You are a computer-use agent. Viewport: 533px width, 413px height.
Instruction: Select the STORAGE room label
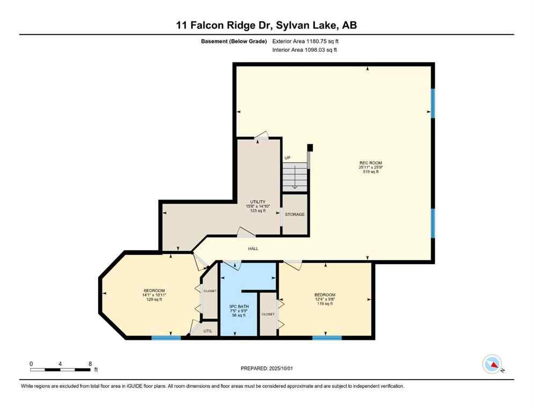295,215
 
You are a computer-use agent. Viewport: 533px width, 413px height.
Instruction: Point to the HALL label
253,249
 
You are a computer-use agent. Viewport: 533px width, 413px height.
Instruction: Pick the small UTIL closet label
208,331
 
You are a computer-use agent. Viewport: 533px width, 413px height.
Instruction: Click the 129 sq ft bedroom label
154,295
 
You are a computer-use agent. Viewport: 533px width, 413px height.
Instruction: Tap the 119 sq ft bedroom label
325,299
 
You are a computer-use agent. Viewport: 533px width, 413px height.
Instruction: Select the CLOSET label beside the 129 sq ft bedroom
209,291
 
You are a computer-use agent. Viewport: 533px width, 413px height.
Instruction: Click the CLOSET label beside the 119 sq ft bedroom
267,314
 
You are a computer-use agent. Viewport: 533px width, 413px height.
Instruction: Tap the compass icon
492,364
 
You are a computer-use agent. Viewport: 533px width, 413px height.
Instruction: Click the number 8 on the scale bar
89,364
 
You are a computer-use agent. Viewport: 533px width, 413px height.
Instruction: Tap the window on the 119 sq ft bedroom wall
327,338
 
